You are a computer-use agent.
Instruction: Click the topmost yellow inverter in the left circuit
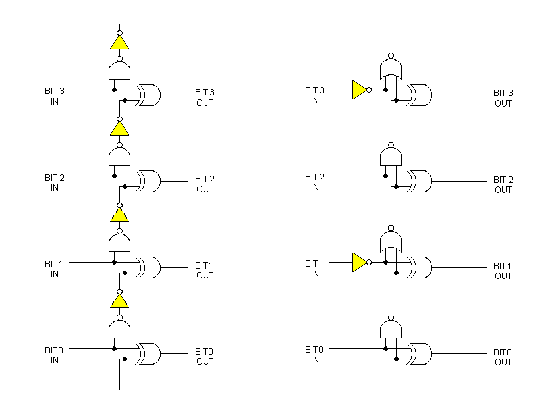click(119, 43)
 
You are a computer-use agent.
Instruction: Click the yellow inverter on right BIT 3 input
click(359, 90)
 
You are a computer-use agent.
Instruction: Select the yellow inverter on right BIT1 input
click(359, 262)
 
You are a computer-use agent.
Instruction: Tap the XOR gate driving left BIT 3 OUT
click(148, 95)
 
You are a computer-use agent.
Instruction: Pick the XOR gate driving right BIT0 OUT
click(420, 353)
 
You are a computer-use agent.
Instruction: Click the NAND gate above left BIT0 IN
click(119, 328)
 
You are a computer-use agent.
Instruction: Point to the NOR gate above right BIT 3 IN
click(391, 68)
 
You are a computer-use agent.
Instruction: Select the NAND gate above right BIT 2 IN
click(391, 156)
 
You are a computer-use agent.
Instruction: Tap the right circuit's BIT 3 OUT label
click(503, 98)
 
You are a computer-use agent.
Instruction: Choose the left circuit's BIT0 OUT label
click(204, 356)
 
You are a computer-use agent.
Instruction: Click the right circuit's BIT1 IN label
click(315, 268)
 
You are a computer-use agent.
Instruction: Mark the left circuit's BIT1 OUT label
click(204, 270)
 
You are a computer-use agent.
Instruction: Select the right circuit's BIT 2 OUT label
click(503, 184)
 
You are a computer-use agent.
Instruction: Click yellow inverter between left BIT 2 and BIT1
click(119, 215)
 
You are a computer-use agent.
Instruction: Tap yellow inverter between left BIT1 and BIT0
click(119, 301)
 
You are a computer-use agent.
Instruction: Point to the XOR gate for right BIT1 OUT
click(420, 267)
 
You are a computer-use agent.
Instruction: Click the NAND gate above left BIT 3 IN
click(119, 70)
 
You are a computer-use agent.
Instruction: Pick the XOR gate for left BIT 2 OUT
click(148, 181)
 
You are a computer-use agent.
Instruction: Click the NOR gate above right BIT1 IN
click(391, 242)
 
